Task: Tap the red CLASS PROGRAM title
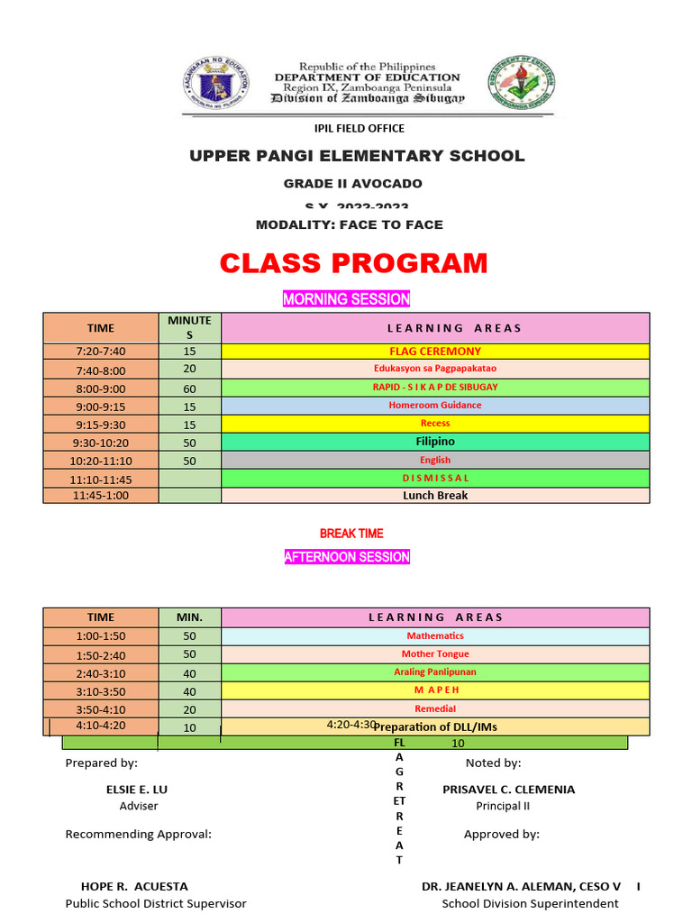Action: [x=353, y=263]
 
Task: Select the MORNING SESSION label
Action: [x=346, y=298]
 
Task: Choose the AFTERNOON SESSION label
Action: [x=347, y=557]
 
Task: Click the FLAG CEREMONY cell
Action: [x=434, y=352]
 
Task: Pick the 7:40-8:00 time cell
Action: [x=100, y=370]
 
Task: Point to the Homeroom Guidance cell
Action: [x=434, y=406]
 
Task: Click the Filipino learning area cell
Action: [x=434, y=442]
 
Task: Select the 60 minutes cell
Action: [x=189, y=388]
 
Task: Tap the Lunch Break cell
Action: [x=434, y=495]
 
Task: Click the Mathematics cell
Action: [x=434, y=635]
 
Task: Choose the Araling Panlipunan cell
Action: [x=434, y=672]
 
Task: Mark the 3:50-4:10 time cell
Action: [x=100, y=708]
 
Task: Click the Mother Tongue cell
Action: [x=434, y=653]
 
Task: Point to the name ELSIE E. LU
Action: [x=137, y=789]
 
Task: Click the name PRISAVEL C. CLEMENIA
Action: [x=508, y=789]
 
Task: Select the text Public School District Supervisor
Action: [x=155, y=903]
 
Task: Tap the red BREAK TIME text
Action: [x=351, y=534]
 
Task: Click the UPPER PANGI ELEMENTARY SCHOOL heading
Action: [x=356, y=156]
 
